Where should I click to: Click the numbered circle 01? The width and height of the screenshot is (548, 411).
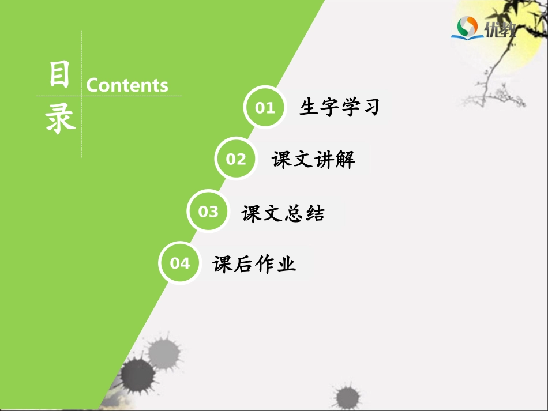(265, 107)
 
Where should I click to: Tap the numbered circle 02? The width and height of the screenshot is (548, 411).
(235, 159)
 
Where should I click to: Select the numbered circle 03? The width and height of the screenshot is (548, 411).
(208, 212)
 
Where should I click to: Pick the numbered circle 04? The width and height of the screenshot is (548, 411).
(180, 263)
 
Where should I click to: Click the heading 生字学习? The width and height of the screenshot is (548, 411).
(339, 107)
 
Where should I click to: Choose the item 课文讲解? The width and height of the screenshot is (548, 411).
(313, 160)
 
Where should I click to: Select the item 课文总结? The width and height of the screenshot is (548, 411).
(283, 213)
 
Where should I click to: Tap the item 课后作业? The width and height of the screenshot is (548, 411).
(254, 265)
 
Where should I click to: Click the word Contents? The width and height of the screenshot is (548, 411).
(127, 85)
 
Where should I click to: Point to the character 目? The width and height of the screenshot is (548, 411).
(59, 75)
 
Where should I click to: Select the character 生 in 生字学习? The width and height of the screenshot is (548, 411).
(309, 107)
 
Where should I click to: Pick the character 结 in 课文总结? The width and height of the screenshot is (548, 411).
(315, 213)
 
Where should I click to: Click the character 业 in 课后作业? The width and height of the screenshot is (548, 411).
(286, 265)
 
